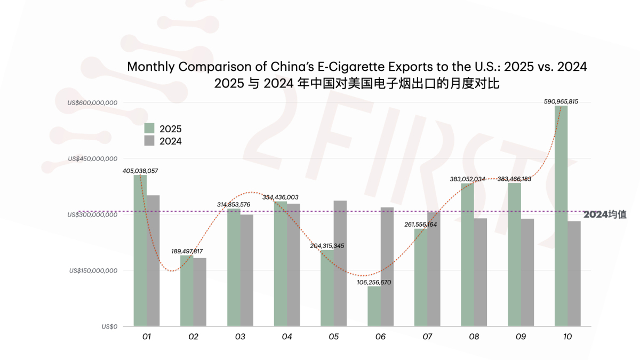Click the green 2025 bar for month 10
pos(561,216)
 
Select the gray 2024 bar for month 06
pos(387,267)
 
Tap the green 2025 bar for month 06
pos(374,306)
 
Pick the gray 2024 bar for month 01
pos(153,261)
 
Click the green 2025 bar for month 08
pos(467,255)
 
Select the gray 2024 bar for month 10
pos(574,274)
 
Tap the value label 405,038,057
pos(140,171)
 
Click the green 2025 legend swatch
pos(149,129)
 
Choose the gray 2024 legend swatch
pos(149,141)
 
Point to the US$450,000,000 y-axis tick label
pos(92,158)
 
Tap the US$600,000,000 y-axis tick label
pos(92,102)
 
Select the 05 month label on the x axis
pos(334,337)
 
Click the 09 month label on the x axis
pos(521,337)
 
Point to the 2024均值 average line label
pos(604,214)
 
